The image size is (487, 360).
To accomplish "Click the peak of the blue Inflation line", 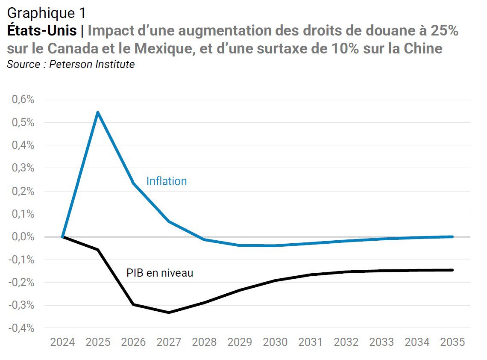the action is click(98, 112).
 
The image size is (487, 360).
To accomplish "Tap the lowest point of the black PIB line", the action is click(169, 313).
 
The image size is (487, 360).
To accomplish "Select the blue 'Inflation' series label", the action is click(167, 181).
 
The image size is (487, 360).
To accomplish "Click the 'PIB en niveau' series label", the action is click(160, 273).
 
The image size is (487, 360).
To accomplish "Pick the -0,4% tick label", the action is click(21, 328).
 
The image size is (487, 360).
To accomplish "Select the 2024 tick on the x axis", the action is click(62, 342).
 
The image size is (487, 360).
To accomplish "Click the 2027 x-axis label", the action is click(169, 342).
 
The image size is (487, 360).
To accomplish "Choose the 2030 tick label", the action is click(275, 342).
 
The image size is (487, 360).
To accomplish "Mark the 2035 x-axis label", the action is click(452, 342).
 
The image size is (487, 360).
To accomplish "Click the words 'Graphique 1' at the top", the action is click(46, 13).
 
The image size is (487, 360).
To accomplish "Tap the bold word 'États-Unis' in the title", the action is click(42, 30).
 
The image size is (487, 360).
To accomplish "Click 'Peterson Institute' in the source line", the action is click(92, 64).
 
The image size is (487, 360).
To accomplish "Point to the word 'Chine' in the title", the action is click(423, 48).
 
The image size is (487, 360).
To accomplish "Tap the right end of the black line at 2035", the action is click(452, 270).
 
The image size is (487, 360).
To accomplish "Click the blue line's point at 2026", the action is click(133, 183).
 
